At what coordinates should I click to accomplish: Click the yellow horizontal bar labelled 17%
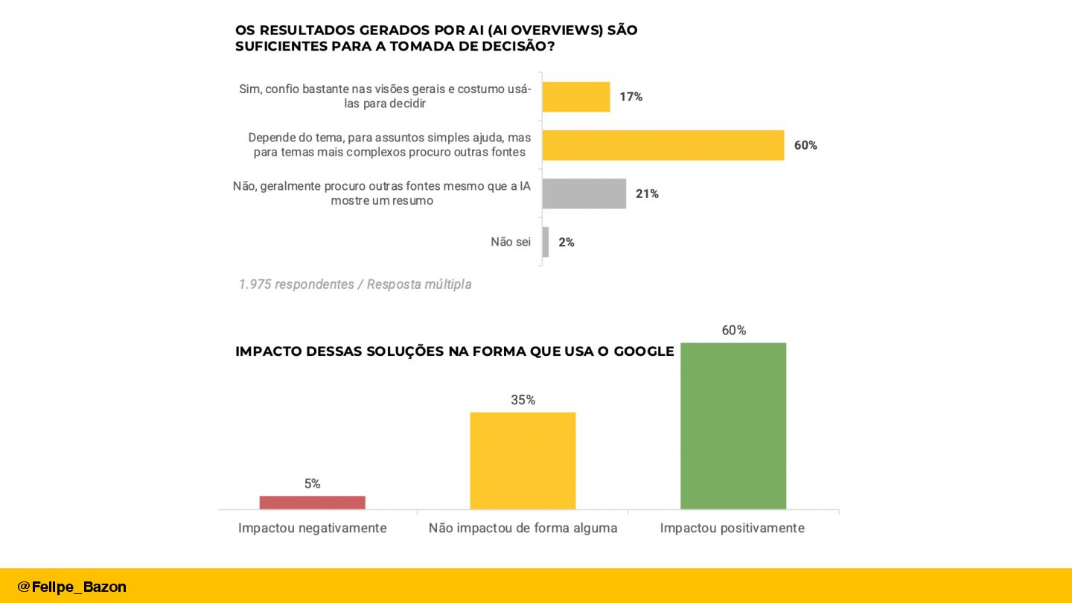coord(575,97)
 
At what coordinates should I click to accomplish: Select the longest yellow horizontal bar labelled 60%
coord(663,145)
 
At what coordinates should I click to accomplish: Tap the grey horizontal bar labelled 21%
coord(584,194)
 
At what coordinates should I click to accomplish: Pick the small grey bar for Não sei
coord(546,242)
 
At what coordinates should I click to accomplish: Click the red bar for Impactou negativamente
coord(312,502)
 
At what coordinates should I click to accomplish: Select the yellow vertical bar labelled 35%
coord(523,461)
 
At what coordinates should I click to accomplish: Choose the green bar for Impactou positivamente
coord(733,426)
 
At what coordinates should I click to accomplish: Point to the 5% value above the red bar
coord(312,484)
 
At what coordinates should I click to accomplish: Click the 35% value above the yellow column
coord(523,401)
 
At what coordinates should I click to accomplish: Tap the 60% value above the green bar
coord(733,331)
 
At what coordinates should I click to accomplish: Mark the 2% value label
coord(567,242)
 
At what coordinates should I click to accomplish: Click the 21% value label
coord(647,194)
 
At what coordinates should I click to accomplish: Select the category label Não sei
coord(511,242)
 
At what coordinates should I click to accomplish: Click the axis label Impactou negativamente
coord(312,528)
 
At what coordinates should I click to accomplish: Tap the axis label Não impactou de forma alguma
coord(523,528)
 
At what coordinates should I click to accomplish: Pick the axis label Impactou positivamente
coord(732,528)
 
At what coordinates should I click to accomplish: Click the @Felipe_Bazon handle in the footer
coord(72,587)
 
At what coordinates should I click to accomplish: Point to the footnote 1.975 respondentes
coord(296,284)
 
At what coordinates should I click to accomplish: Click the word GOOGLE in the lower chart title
coord(643,351)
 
